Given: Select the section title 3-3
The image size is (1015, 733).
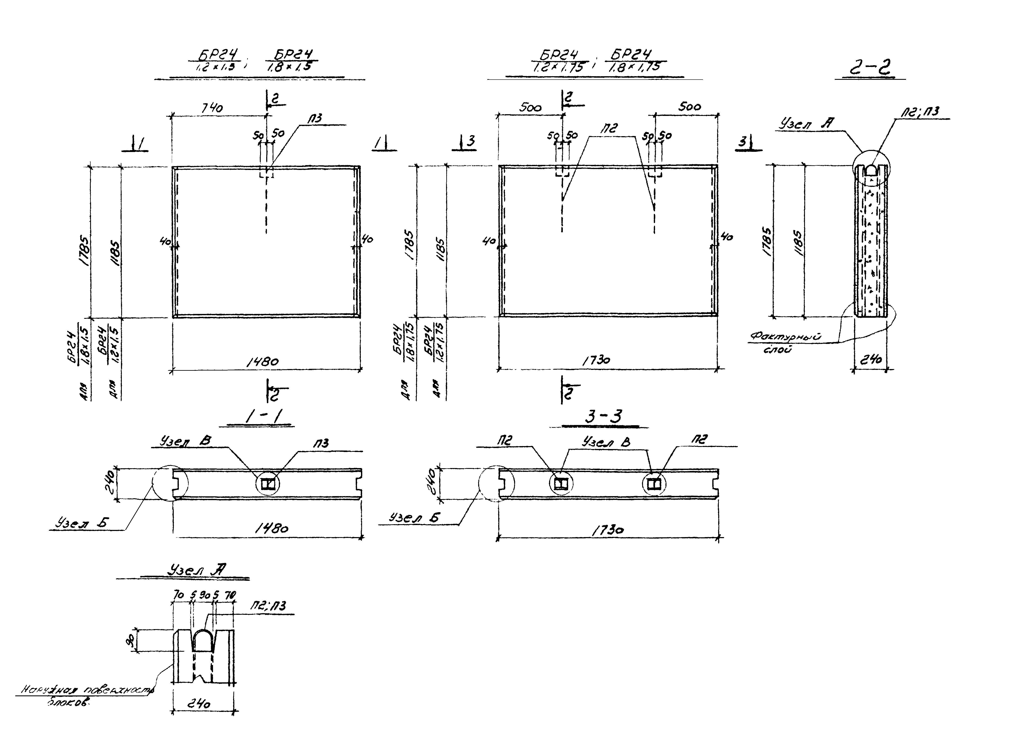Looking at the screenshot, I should pos(603,417).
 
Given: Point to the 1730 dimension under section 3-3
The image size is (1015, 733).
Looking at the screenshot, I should pos(608,530).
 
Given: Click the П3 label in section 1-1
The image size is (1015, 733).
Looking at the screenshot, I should pos(321,443).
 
